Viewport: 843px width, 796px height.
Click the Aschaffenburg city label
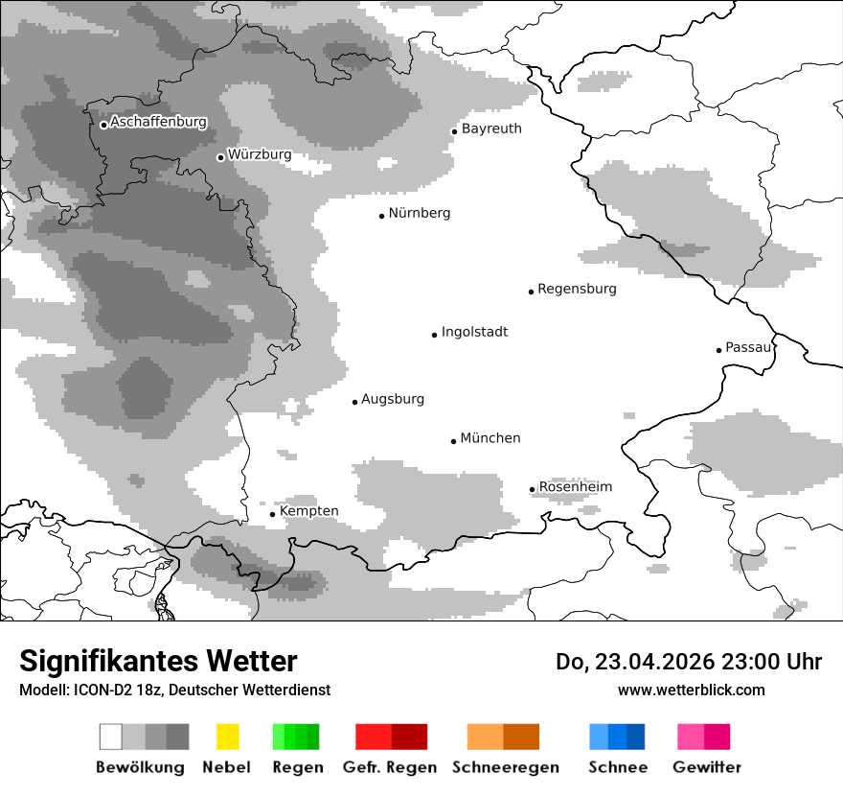(x=158, y=123)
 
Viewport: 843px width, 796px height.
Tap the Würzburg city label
(x=260, y=154)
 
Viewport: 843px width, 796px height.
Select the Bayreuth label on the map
(x=491, y=129)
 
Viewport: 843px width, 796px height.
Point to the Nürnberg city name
(x=419, y=213)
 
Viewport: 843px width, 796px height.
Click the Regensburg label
(x=577, y=289)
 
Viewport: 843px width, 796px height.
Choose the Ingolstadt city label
(x=474, y=332)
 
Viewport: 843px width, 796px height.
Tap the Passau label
(x=747, y=347)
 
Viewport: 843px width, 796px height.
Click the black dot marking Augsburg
(x=354, y=402)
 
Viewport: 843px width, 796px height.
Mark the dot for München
(x=454, y=441)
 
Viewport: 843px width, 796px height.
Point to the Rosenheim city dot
(x=533, y=489)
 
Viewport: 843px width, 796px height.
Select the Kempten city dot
(x=273, y=514)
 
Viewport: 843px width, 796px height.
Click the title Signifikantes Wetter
(x=158, y=661)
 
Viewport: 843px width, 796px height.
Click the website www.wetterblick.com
(x=691, y=690)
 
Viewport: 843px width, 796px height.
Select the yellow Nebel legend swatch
(x=227, y=737)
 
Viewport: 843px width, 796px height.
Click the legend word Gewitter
(x=706, y=767)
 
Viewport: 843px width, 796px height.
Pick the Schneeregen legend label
(x=506, y=767)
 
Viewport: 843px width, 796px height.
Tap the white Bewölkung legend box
(x=111, y=737)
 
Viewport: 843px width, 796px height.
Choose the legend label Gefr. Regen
(x=390, y=767)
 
